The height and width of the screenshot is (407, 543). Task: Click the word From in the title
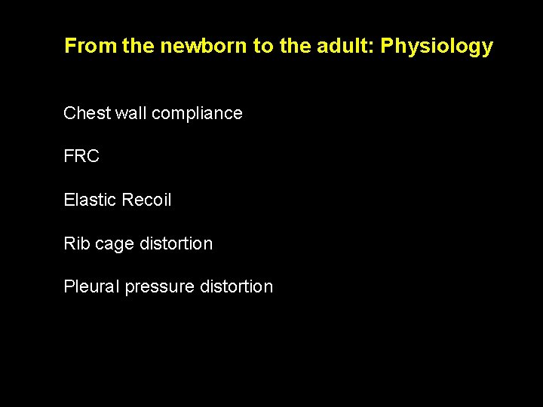coord(90,46)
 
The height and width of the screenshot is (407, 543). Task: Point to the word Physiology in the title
coord(437,47)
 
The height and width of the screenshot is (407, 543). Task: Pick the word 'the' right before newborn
coord(137,46)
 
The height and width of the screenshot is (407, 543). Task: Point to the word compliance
coord(197,114)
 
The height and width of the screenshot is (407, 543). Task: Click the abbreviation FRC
coord(81,157)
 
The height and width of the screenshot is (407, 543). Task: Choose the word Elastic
coord(89,200)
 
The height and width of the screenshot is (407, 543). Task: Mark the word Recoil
coord(146,200)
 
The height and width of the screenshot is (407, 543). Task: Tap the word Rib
coord(77,243)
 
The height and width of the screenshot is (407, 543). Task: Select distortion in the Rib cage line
coord(176,243)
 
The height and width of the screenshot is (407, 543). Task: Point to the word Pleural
coord(91,286)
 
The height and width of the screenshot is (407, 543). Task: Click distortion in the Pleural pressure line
coord(237,286)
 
